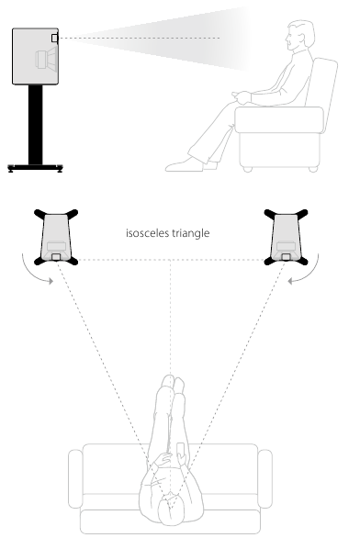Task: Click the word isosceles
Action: pyautogui.click(x=148, y=233)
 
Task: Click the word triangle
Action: pyautogui.click(x=190, y=233)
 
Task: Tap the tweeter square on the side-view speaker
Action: pyautogui.click(x=54, y=38)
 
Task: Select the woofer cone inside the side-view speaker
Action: pyautogui.click(x=46, y=59)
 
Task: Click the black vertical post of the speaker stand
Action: pyautogui.click(x=36, y=125)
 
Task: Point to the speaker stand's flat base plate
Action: pyautogui.click(x=36, y=168)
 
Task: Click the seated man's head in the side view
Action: pyautogui.click(x=300, y=36)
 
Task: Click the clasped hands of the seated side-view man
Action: pyautogui.click(x=242, y=97)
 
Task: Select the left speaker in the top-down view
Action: pyautogui.click(x=56, y=237)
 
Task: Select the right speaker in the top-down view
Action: pyautogui.click(x=286, y=237)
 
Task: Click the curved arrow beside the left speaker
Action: pyautogui.click(x=32, y=273)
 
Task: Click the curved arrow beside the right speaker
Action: pyautogui.click(x=309, y=273)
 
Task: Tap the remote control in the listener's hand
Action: pyautogui.click(x=181, y=450)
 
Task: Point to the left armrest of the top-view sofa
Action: pyautogui.click(x=75, y=478)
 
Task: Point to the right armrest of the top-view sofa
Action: pyautogui.click(x=265, y=478)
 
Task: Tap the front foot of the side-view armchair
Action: pyautogui.click(x=248, y=170)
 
